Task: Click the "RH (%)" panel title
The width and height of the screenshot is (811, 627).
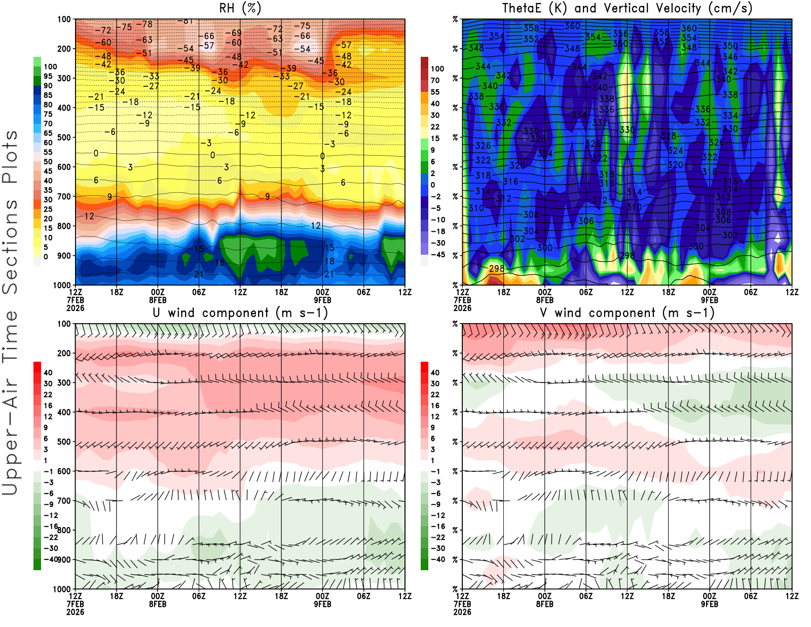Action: [x=240, y=9]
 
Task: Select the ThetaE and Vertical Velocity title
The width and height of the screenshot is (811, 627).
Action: [x=627, y=9]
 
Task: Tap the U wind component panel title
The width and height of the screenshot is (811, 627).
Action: [x=240, y=313]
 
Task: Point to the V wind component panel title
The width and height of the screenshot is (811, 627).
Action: [x=627, y=313]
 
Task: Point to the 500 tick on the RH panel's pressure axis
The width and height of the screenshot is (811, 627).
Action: [x=64, y=137]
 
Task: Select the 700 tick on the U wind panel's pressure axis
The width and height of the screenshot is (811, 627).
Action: [x=64, y=501]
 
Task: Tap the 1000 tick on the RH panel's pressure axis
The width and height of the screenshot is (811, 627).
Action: [x=62, y=285]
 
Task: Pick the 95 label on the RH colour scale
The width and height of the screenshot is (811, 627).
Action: [x=48, y=76]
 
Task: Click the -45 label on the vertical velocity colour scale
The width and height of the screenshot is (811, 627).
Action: [x=437, y=255]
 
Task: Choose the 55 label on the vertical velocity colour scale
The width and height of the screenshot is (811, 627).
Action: [x=435, y=92]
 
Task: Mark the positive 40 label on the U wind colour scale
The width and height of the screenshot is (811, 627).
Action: [x=48, y=372]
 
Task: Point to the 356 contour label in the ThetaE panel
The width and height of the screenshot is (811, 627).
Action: [x=620, y=34]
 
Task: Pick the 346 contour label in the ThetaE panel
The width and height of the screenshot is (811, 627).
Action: [x=730, y=57]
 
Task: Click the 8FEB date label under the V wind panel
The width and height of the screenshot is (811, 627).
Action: [x=544, y=604]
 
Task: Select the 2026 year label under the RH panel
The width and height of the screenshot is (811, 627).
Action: [x=75, y=308]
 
